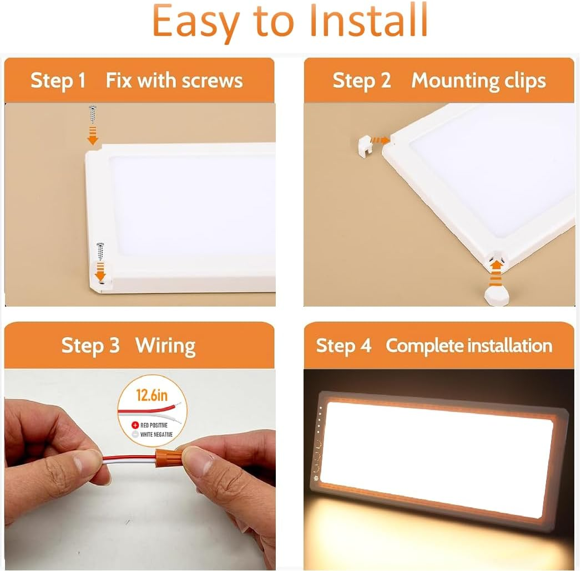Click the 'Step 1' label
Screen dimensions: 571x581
tap(58, 81)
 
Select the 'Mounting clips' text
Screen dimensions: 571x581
tap(478, 81)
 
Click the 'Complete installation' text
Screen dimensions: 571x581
tap(469, 345)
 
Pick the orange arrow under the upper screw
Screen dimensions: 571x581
tap(93, 135)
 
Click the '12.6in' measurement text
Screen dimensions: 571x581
tap(151, 395)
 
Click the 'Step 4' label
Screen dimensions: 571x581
tap(343, 345)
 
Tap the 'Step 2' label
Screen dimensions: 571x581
tap(362, 81)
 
